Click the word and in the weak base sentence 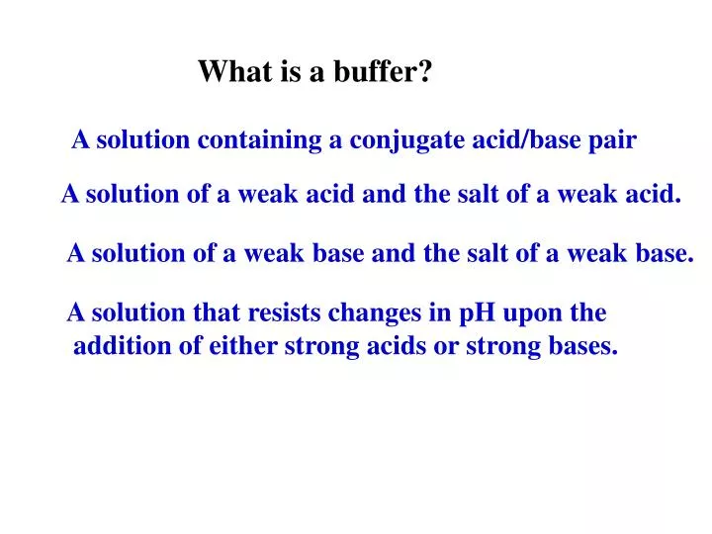pyautogui.click(x=394, y=254)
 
